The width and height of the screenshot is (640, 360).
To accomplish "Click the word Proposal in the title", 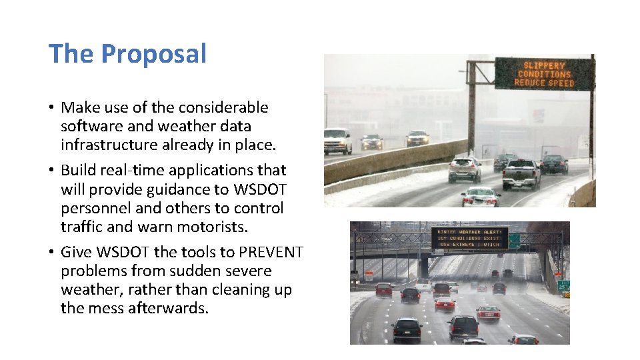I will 154,54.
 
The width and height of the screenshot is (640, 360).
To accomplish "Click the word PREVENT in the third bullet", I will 271,253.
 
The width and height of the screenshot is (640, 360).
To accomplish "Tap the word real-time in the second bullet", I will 127,170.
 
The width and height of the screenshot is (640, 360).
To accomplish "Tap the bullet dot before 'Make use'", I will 51,108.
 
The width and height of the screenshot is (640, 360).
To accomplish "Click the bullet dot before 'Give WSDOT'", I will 51,253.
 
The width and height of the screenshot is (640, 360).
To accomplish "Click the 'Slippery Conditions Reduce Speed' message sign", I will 543,74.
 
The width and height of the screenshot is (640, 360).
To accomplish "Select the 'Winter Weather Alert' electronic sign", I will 469,238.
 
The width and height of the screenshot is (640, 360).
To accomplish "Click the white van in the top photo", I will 337,140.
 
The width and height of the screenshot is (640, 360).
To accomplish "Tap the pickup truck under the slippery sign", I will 521,173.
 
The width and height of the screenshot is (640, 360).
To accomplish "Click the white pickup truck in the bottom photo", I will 424,285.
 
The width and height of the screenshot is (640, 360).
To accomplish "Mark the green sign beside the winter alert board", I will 515,241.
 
